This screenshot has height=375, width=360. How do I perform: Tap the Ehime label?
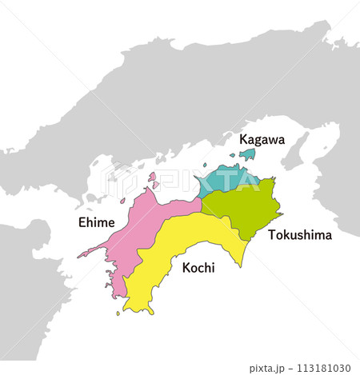coord(96,222)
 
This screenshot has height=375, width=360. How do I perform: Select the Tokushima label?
coord(300,235)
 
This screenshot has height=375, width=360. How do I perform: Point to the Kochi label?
coord(198,268)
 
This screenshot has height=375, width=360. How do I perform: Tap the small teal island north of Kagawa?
coord(247,154)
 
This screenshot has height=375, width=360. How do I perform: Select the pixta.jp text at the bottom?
coord(269,369)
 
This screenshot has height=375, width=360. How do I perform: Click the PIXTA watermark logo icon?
coord(117,180)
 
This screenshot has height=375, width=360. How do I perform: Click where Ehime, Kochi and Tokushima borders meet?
coord(202,212)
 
